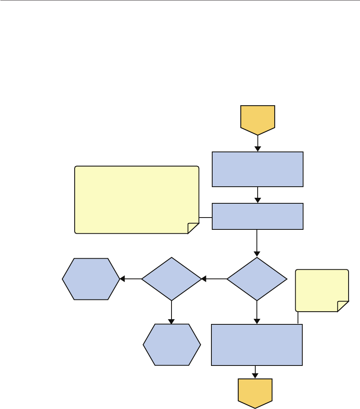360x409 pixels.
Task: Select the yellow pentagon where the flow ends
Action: coord(255,392)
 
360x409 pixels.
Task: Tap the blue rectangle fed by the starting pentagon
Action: coord(258,169)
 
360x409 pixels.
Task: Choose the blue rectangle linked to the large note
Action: coord(258,216)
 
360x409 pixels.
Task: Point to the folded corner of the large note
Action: coord(193,227)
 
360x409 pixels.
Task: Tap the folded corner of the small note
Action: coord(343,306)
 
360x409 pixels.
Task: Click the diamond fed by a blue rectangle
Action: coord(257,279)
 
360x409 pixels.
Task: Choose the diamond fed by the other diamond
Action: coord(172,279)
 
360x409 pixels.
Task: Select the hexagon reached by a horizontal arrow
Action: coord(91,279)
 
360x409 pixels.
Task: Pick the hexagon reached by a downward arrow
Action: coord(172,345)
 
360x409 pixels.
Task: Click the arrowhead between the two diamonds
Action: coord(204,279)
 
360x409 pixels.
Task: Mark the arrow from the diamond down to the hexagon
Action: coord(172,312)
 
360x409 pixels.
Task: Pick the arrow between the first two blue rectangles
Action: coord(258,195)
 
